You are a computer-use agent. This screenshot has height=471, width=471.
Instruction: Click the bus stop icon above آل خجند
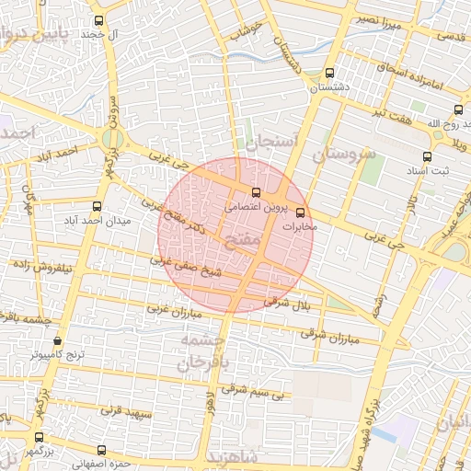coord(99,20)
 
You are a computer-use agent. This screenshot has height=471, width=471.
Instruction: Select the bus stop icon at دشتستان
coord(330,74)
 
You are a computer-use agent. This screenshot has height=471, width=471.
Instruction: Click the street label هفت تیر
coord(392,111)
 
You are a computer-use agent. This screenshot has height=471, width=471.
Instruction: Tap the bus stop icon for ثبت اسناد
coord(426,156)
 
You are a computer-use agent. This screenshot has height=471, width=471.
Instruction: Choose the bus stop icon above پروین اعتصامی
coord(256,193)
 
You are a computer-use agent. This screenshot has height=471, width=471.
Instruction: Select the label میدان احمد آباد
coord(98,222)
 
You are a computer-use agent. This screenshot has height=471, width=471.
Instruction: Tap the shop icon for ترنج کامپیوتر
coord(57,339)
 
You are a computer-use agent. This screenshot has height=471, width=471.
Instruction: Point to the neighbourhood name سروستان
coord(344,154)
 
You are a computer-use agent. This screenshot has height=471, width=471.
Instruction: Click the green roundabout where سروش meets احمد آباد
coord(112,140)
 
